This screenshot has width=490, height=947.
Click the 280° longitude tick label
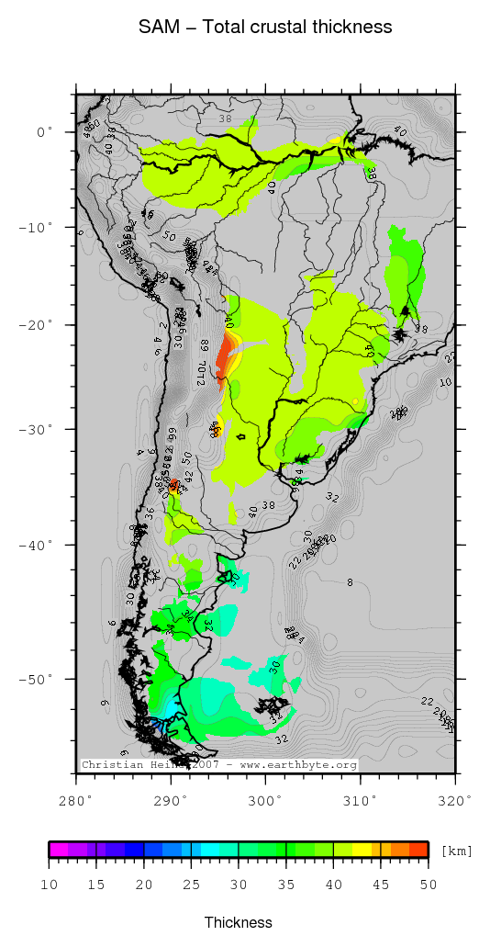(x=76, y=800)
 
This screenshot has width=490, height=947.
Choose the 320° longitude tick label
(x=455, y=800)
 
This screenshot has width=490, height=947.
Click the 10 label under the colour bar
(x=50, y=884)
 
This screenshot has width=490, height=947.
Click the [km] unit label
(x=456, y=851)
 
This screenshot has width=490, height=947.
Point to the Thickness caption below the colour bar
(x=239, y=922)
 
